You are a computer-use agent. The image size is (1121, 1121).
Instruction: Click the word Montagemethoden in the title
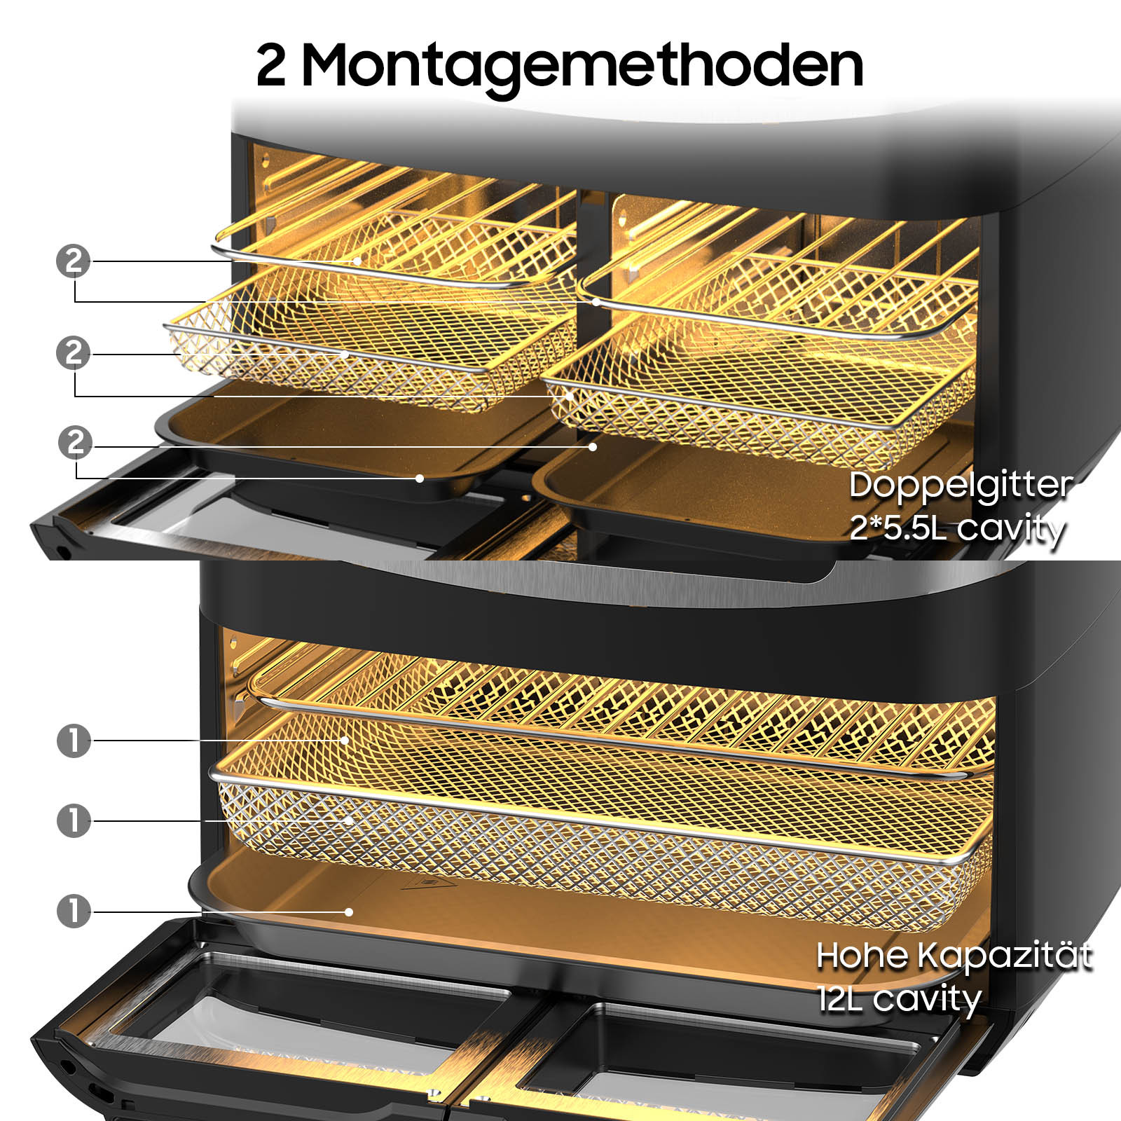(582, 67)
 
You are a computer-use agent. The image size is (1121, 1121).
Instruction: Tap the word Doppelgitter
(960, 486)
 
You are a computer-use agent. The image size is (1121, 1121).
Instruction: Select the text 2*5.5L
(898, 528)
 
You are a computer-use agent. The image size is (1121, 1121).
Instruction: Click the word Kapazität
(1005, 956)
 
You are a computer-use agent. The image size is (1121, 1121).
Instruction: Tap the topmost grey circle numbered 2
(74, 261)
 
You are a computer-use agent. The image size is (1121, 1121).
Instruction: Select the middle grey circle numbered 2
(74, 352)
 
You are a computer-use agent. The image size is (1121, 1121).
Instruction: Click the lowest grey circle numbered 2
(75, 442)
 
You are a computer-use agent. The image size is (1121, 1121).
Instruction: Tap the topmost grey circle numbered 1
(74, 741)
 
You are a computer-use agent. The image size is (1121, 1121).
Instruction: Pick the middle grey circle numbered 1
(74, 820)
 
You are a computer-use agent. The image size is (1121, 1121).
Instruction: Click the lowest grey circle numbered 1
(74, 912)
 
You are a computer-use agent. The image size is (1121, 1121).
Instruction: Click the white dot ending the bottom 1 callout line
(349, 912)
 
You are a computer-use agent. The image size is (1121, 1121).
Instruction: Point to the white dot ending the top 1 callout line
(345, 740)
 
